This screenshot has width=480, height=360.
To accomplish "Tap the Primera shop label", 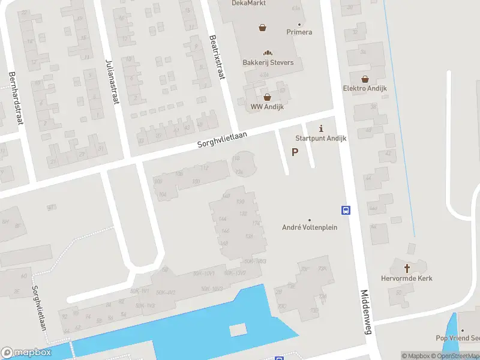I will pos(299,32).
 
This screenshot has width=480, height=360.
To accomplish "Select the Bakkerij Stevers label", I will pos(268,62).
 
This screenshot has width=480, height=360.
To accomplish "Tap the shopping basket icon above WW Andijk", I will pos(267,97).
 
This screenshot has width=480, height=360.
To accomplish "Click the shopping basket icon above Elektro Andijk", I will pos(365,79).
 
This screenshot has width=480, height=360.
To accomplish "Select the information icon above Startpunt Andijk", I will pos(321,128).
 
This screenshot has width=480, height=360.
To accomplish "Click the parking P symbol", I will pos(295,152).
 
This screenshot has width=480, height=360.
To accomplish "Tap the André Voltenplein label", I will pos(310,227).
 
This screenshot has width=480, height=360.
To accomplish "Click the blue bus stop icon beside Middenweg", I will pos(346,210).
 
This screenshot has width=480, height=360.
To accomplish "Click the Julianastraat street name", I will pos(112,82).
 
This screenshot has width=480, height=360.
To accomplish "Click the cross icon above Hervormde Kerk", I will pos(407,268).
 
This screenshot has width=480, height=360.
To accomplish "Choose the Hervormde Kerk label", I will pos(407,278).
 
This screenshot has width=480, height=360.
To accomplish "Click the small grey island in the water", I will pos(238,329).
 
